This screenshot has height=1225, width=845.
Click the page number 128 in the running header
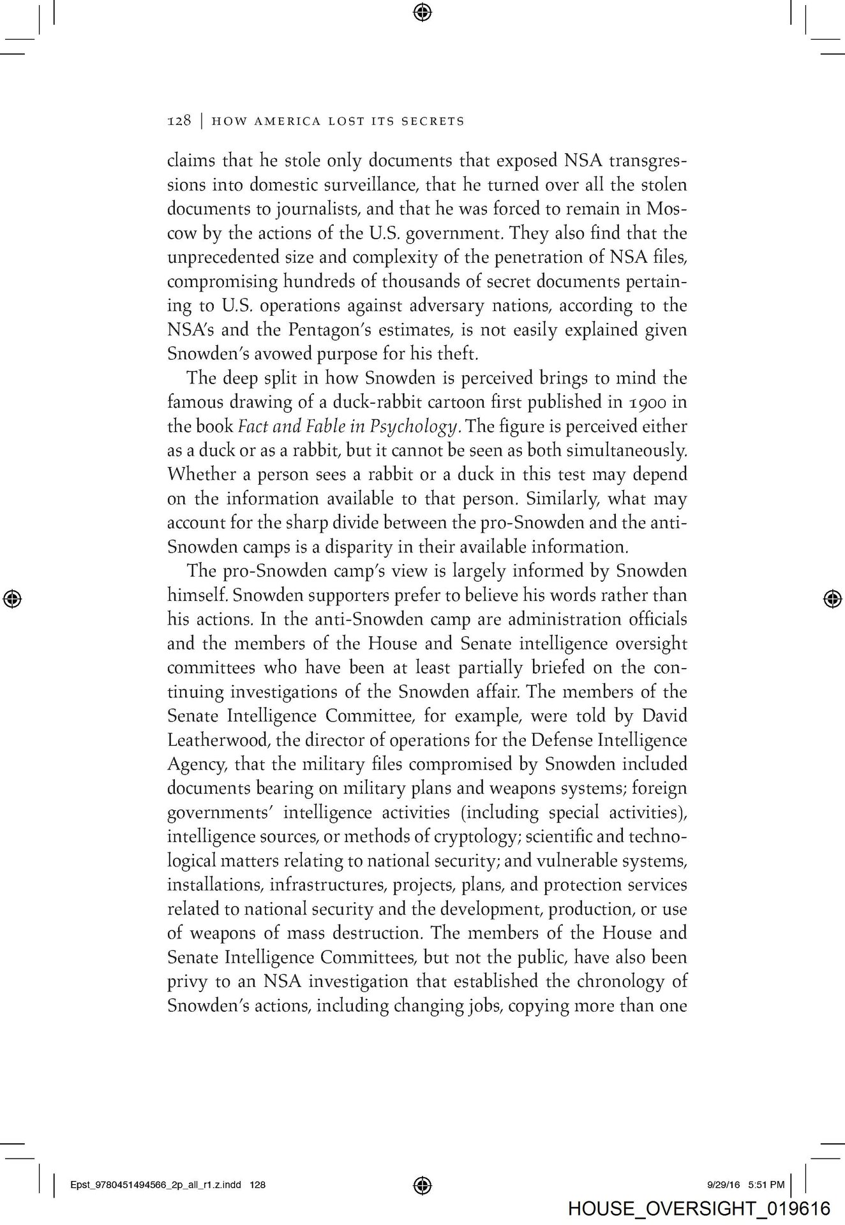179,121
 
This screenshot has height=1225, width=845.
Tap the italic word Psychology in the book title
417,426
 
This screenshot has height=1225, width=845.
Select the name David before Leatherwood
664,716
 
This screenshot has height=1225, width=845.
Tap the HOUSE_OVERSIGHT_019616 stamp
699,1208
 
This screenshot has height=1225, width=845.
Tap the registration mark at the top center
422,12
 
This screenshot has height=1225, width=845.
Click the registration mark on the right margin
830,598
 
